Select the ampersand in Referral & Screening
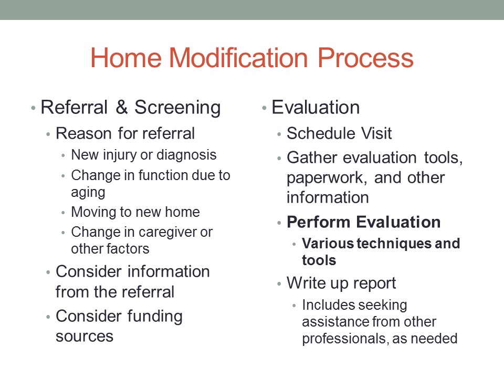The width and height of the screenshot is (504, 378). [121, 108]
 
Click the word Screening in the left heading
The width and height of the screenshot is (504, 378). [177, 108]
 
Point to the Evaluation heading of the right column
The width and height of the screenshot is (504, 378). [316, 108]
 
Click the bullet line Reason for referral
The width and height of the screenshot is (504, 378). [125, 133]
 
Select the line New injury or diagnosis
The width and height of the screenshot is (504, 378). [143, 155]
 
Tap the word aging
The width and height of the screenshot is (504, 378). [88, 192]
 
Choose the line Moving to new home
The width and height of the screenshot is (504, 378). [135, 212]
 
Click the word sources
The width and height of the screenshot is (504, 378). [85, 336]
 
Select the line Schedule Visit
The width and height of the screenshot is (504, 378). [339, 133]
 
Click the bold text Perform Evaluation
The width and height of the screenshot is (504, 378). [363, 222]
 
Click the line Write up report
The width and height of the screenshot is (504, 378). [341, 283]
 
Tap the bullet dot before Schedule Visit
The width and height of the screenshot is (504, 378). [279, 134]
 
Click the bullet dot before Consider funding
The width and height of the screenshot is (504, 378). [48, 317]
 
